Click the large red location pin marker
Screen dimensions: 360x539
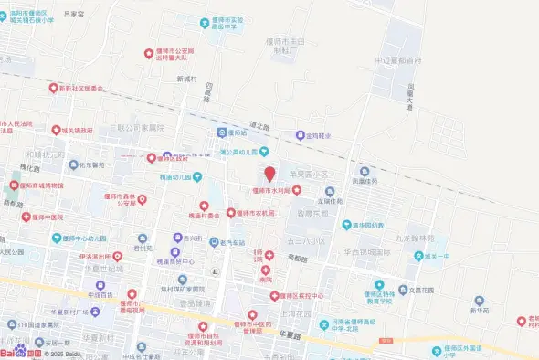coord(269,174)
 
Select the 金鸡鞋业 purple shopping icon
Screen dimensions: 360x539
coord(299,135)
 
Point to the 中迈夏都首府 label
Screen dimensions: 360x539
coord(397,60)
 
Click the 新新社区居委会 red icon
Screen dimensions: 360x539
coord(54,89)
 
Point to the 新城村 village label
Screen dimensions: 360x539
coord(187,79)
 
